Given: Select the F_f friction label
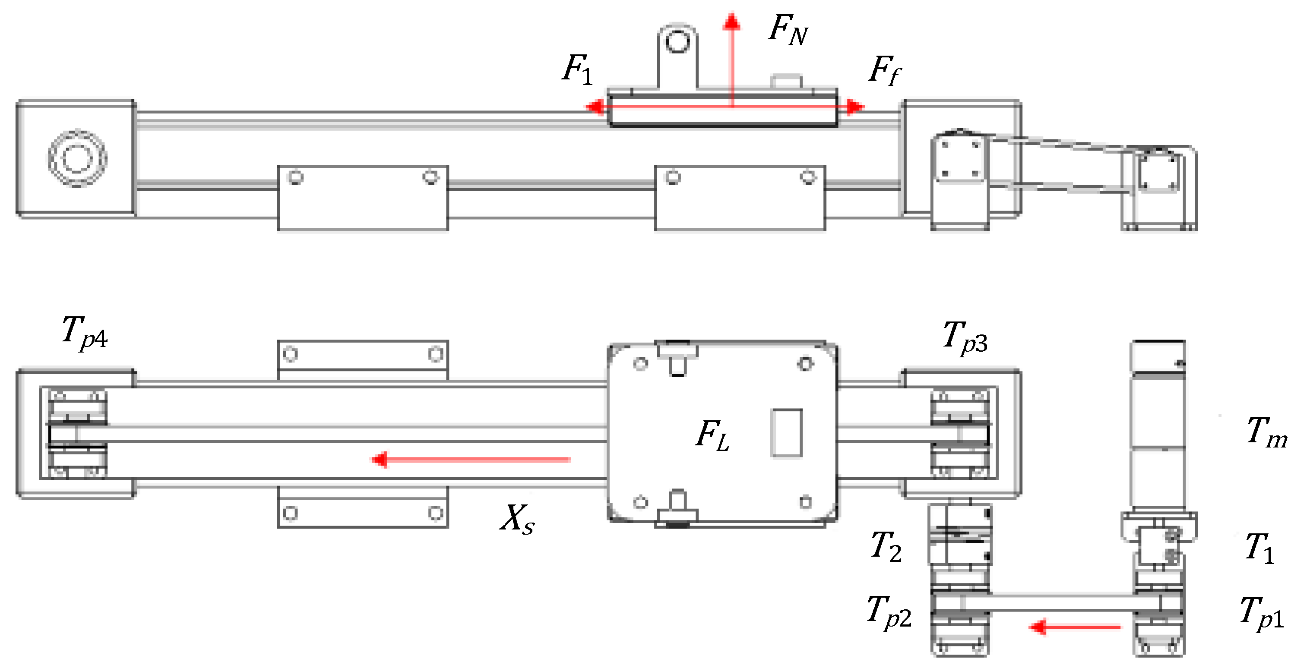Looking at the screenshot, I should tap(884, 71).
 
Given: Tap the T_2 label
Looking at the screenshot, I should tap(886, 547).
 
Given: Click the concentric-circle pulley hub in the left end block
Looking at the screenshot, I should tap(77, 158).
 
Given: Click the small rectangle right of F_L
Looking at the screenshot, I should tap(786, 433).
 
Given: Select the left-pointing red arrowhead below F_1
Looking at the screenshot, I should tap(595, 107).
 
